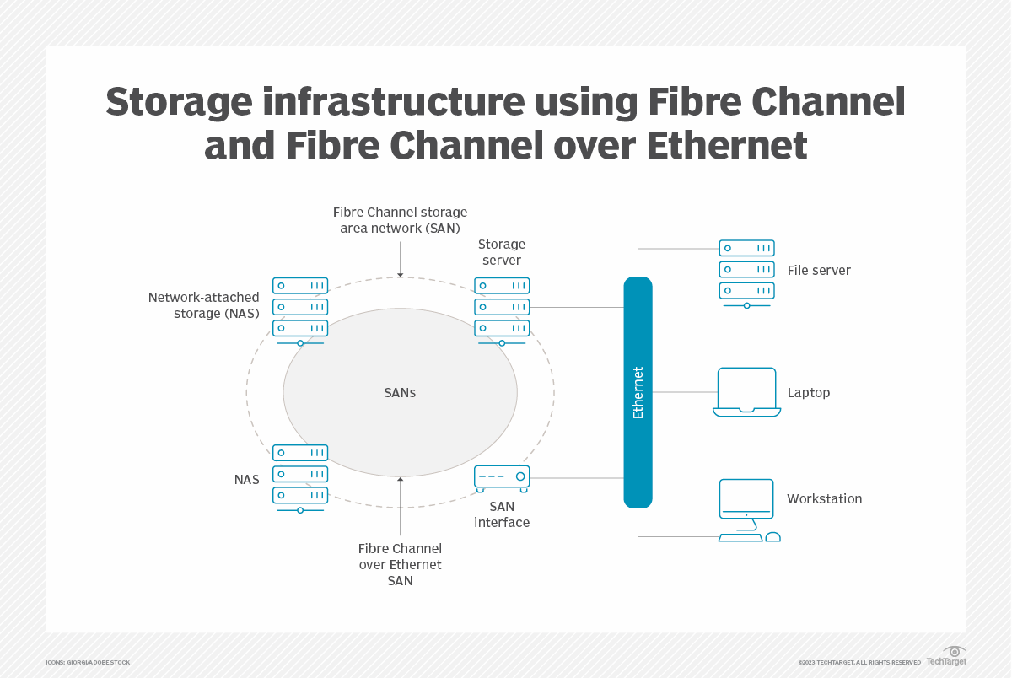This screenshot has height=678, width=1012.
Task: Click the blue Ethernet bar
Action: (638, 392)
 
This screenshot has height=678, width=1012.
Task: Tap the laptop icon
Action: (746, 392)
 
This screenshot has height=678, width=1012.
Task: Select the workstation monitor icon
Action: (746, 498)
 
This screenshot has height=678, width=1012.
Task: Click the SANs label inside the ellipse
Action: (400, 393)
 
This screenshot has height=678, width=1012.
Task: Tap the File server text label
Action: (818, 271)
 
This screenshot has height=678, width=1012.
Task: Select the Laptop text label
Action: (808, 393)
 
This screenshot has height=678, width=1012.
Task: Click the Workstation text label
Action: (824, 499)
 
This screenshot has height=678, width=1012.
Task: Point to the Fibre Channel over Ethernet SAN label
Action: (400, 564)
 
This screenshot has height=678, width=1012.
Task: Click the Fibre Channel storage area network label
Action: (400, 220)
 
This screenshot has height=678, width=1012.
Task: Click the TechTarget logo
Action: (946, 657)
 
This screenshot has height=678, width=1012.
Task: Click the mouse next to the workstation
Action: (772, 537)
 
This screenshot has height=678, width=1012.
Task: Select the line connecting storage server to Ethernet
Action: (577, 307)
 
